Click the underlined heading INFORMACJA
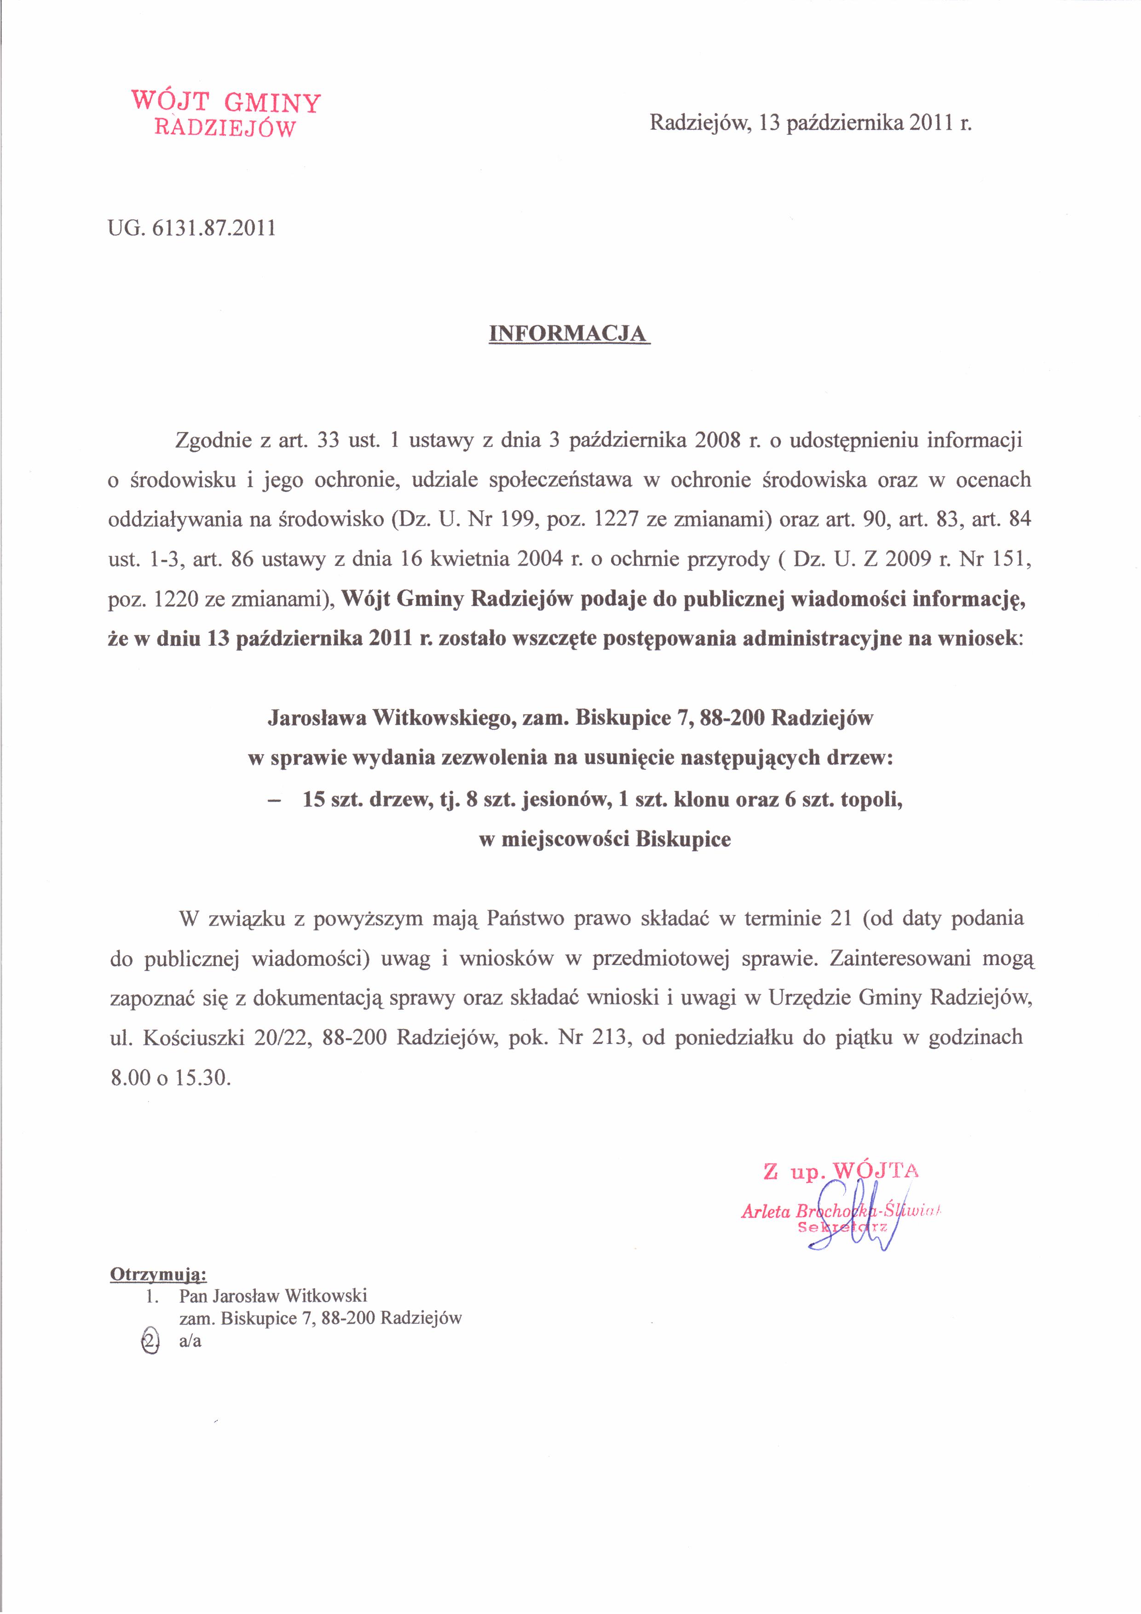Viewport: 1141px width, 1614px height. [x=568, y=333]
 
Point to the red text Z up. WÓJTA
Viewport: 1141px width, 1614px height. [x=841, y=1170]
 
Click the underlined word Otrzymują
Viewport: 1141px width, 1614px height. [x=158, y=1274]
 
